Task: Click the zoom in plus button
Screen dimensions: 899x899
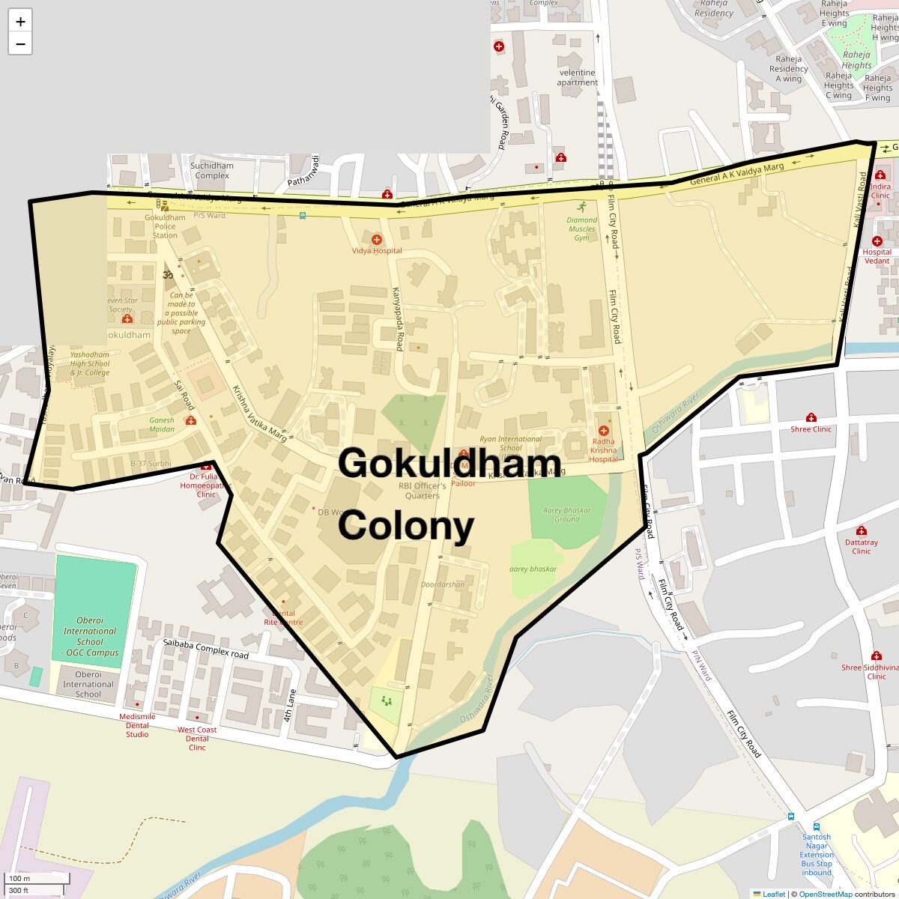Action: click(20, 22)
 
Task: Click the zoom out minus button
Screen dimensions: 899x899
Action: click(20, 44)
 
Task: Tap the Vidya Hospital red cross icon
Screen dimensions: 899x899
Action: click(377, 240)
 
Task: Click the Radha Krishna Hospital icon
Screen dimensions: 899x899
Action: click(604, 431)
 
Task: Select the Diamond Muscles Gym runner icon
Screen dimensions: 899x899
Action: click(582, 207)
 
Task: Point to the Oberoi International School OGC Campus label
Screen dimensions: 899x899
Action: click(90, 637)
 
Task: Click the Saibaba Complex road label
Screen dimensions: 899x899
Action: click(206, 650)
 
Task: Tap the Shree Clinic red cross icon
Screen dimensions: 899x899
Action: click(811, 417)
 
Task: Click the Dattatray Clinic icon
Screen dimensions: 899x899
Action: click(862, 530)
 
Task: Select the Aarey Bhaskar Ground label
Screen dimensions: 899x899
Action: click(567, 515)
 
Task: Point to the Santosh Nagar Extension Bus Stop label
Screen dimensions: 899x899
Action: click(817, 855)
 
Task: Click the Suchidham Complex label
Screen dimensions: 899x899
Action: click(212, 171)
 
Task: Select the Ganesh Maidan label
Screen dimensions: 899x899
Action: click(162, 425)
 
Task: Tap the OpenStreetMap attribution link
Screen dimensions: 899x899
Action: click(825, 894)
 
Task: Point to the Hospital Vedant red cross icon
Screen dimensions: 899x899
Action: click(877, 241)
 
